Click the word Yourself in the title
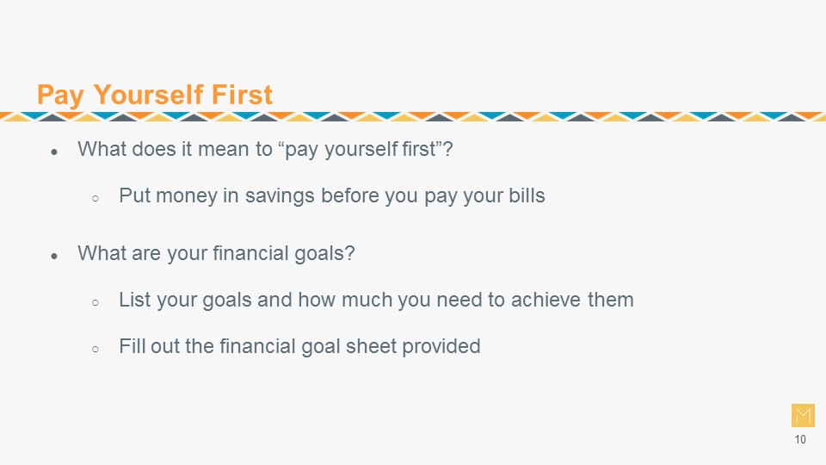tap(148, 95)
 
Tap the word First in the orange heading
tap(242, 95)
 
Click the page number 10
tap(800, 440)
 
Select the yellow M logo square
tap(803, 415)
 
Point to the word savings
tap(280, 196)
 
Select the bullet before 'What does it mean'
tap(54, 152)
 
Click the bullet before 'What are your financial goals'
tap(54, 257)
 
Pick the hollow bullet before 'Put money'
tap(96, 199)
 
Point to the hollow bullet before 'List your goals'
tap(96, 303)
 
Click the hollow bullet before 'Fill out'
tap(96, 350)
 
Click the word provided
tap(441, 347)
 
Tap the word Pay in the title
tap(60, 96)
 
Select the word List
tap(134, 300)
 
